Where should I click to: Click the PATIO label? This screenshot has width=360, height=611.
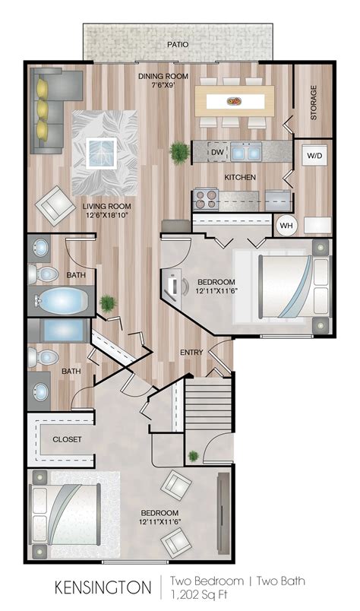pos(178,45)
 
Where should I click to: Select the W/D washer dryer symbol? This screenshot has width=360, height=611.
pos(313,156)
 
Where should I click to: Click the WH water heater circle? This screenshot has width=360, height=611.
pos(286,225)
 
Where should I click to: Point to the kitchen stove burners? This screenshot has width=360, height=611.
pos(205,199)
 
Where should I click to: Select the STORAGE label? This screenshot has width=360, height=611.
pos(314,102)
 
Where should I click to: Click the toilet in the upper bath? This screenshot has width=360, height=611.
pos(45,274)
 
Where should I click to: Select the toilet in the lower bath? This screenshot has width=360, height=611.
pos(45,356)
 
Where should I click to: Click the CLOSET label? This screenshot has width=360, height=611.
pos(67,439)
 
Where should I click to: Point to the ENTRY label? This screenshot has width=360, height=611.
pos(190,352)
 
